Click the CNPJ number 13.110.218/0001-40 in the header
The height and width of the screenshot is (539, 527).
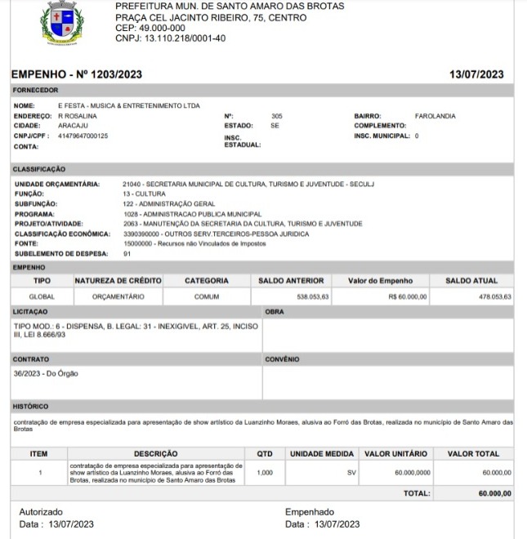click(x=171, y=38)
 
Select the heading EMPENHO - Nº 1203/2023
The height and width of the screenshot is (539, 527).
click(x=78, y=75)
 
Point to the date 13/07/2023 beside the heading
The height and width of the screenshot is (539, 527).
click(x=476, y=75)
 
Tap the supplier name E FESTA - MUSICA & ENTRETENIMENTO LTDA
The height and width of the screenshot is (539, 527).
click(x=128, y=105)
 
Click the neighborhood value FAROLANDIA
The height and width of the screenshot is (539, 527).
click(x=435, y=116)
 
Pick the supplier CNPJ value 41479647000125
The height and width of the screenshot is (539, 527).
click(x=83, y=136)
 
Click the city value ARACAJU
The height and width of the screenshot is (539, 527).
click(x=74, y=126)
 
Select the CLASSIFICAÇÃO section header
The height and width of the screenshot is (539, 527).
click(x=38, y=168)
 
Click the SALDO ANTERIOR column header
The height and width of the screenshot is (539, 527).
click(x=291, y=281)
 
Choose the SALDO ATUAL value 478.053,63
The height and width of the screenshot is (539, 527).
click(x=494, y=297)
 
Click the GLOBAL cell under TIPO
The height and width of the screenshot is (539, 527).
click(x=42, y=297)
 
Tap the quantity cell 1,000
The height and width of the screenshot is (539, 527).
click(x=266, y=472)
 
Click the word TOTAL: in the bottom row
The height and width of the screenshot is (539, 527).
click(x=418, y=494)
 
